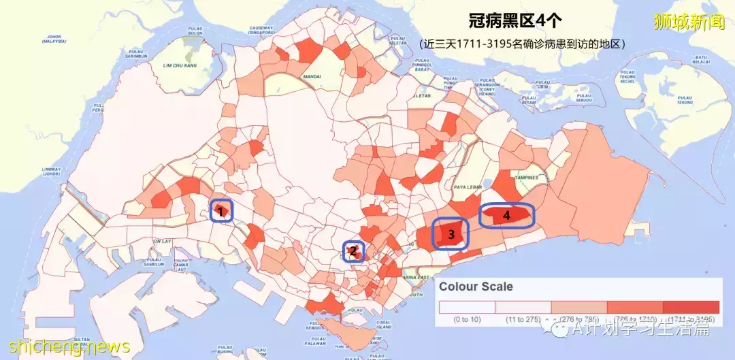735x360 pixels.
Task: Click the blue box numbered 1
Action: pos(220,211)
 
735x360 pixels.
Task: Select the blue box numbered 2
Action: pos(353,251)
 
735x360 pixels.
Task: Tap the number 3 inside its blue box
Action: pos(451,234)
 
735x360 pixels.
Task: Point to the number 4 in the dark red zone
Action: pos(506,215)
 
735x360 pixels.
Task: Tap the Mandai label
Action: pos(312,77)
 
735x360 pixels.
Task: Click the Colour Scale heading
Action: pos(476,287)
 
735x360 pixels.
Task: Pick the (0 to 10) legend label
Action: pos(467,319)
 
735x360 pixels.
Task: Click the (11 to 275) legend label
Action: pos(523,319)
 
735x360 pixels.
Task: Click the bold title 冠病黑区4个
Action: pos(515,21)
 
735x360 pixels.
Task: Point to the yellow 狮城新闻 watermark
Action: pos(688,22)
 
